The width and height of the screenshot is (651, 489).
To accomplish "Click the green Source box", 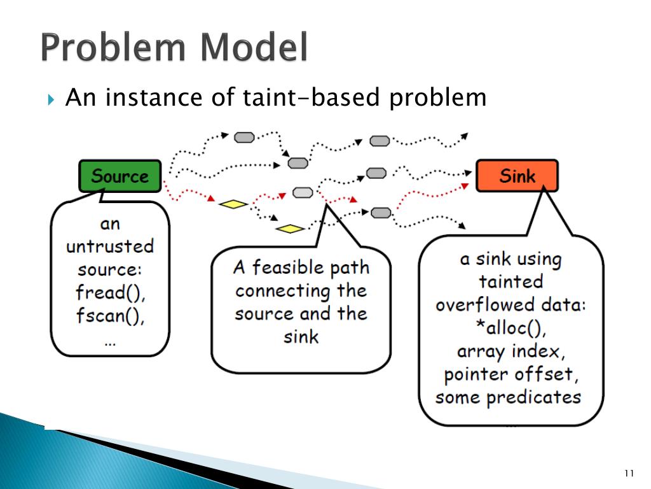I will coord(120,176).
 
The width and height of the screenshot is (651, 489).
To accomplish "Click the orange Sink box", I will coord(517,176).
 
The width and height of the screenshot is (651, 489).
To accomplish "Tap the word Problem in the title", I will coord(111,48).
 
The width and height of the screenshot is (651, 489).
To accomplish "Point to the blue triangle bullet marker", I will coord(51,99).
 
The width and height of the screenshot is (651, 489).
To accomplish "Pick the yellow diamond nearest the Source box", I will coord(233,204).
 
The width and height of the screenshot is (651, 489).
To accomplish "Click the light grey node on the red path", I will coord(303,192).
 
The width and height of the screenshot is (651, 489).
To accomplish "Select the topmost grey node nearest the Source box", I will coord(244,138).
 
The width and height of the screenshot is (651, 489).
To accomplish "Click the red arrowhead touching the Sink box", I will coord(464,186).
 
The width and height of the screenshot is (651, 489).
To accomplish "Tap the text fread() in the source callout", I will coord(110,293).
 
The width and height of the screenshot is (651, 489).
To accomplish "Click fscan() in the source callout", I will coord(110,316).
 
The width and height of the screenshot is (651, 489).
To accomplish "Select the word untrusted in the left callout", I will coord(110,246).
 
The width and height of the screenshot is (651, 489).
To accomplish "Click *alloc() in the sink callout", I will coord(511,328).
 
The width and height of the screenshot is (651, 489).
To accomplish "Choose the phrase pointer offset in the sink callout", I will coord(511,374).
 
